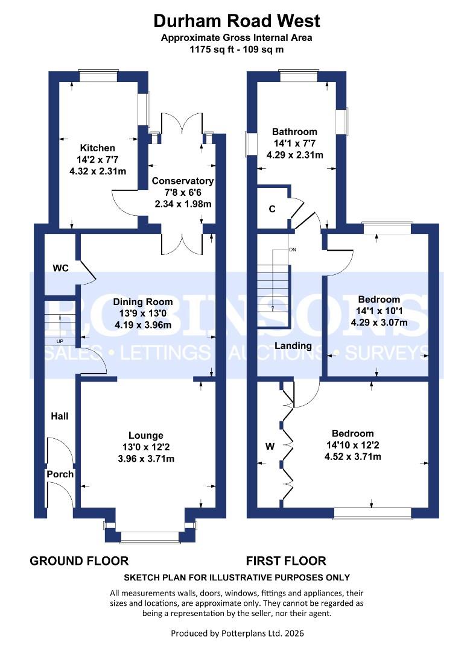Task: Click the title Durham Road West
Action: (x=237, y=22)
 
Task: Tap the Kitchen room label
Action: (x=98, y=148)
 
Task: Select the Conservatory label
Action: (x=182, y=181)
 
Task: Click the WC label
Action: (x=60, y=267)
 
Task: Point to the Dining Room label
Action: (x=145, y=301)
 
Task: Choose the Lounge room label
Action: (x=145, y=435)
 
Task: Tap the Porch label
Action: (x=60, y=474)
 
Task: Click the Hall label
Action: (x=60, y=416)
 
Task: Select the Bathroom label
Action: (x=294, y=131)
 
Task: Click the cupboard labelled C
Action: (x=272, y=209)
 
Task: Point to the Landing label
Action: (x=293, y=346)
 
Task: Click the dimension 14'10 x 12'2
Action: (x=352, y=445)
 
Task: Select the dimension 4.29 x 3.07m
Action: (x=379, y=322)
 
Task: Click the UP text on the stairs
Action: (x=60, y=341)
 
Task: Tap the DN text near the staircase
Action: (x=293, y=249)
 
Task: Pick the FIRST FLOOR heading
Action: (x=286, y=561)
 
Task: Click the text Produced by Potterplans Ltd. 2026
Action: (x=236, y=634)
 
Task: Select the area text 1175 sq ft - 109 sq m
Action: (x=237, y=49)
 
